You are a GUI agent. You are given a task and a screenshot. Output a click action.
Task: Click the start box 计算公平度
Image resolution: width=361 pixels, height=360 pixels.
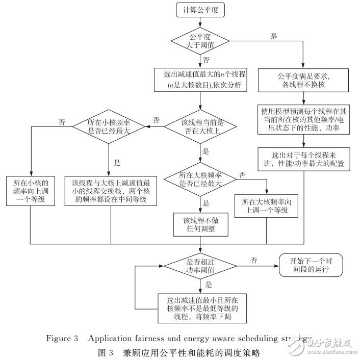[199, 10]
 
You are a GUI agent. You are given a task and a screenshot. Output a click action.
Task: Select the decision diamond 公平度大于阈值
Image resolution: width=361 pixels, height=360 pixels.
[199, 40]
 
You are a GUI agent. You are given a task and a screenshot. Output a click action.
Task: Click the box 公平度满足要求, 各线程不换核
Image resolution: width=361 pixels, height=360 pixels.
[303, 81]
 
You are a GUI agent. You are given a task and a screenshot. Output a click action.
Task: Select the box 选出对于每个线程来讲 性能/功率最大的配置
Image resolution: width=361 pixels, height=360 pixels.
[303, 159]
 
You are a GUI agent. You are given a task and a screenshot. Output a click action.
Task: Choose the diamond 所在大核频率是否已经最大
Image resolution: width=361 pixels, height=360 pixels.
[199, 179]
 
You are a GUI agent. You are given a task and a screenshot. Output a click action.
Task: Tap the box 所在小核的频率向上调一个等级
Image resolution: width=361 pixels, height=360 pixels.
[31, 191]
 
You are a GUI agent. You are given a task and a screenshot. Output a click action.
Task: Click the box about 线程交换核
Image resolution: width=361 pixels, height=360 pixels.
[110, 191]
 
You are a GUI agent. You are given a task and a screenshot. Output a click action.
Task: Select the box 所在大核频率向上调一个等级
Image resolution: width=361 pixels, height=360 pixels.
[266, 205]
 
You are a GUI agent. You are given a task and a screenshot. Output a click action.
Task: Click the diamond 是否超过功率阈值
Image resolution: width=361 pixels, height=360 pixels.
[199, 265]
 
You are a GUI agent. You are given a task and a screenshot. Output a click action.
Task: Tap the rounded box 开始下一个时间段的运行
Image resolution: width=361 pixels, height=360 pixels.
[311, 265]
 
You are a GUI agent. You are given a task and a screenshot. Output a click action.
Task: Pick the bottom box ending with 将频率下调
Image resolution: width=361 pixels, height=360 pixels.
[199, 307]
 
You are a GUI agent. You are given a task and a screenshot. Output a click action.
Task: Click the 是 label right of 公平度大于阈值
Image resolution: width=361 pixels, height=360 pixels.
[273, 37]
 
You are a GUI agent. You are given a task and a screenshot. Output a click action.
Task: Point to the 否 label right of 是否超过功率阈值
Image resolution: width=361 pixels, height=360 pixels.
[253, 261]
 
